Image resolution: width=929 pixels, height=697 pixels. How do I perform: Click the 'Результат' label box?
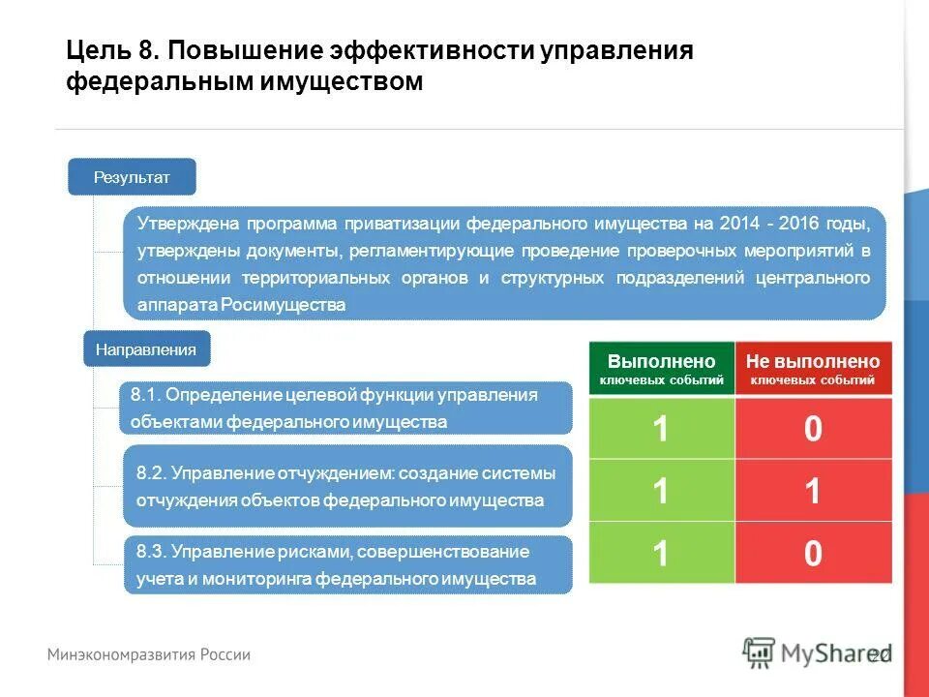pyautogui.click(x=132, y=177)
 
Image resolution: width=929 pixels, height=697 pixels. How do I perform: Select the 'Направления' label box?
pyautogui.click(x=146, y=349)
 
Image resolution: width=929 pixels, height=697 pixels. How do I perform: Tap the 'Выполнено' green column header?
pyautogui.click(x=662, y=369)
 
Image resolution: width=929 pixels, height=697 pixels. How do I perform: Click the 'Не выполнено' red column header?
pyautogui.click(x=813, y=369)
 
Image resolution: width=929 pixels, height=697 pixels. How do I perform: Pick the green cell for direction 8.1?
pyautogui.click(x=662, y=428)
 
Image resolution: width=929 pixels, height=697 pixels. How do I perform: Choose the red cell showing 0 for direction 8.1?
pyautogui.click(x=813, y=428)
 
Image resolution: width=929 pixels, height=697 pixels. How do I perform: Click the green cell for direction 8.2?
pyautogui.click(x=662, y=491)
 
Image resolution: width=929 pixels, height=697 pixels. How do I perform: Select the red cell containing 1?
pyautogui.click(x=813, y=491)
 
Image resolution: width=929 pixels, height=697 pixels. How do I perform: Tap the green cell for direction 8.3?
pyautogui.click(x=662, y=553)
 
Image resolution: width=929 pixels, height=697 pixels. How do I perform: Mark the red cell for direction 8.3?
pyautogui.click(x=813, y=553)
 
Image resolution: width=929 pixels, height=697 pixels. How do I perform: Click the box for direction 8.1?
pyautogui.click(x=346, y=409)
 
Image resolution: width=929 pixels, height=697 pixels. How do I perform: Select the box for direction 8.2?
pyautogui.click(x=346, y=487)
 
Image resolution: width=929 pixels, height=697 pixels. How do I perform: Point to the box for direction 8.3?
pyautogui.click(x=346, y=565)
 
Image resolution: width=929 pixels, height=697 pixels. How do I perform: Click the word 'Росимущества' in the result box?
pyautogui.click(x=284, y=305)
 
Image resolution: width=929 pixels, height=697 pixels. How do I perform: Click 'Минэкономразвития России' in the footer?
pyautogui.click(x=150, y=654)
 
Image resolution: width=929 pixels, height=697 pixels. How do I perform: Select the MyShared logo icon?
pyautogui.click(x=759, y=652)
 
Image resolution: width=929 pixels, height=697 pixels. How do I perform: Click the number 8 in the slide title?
pyautogui.click(x=160, y=50)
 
